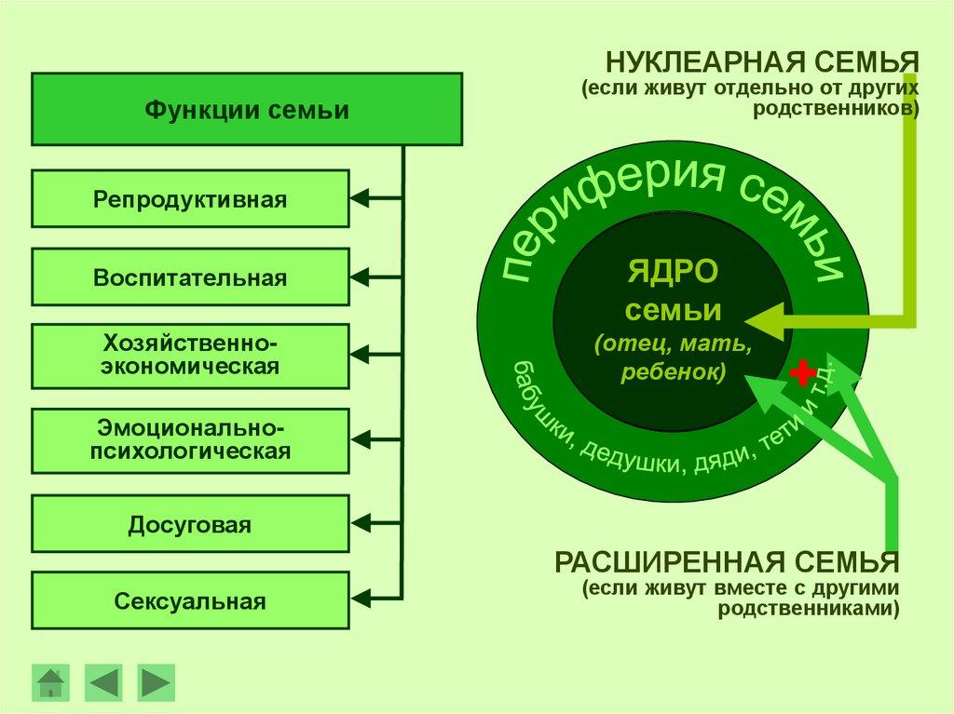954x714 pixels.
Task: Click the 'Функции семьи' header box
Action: (x=247, y=110)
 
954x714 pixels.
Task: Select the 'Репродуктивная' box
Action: (x=190, y=198)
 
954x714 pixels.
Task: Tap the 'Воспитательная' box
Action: (x=190, y=277)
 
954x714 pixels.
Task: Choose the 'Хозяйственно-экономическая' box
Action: (x=190, y=356)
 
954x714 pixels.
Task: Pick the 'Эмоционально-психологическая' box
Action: (x=190, y=440)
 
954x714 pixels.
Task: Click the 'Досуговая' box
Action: (x=190, y=524)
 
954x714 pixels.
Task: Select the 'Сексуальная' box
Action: (x=190, y=600)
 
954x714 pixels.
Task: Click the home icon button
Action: (x=50, y=682)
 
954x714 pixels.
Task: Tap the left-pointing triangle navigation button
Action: (x=102, y=682)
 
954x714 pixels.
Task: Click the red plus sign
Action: (x=801, y=373)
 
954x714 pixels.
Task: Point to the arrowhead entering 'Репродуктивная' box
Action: (x=360, y=198)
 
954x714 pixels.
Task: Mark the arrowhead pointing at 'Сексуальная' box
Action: (x=360, y=596)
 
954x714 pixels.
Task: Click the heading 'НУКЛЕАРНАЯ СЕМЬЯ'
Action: (x=762, y=64)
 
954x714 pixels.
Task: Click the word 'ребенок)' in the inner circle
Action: (x=674, y=371)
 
